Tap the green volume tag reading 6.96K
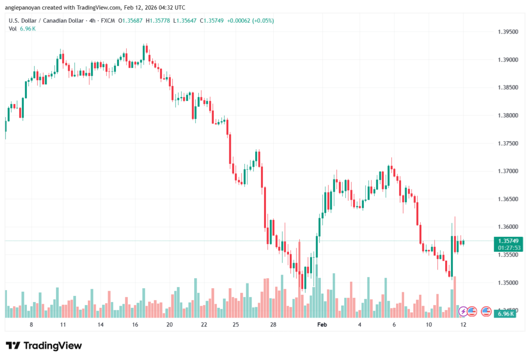coord(505,314)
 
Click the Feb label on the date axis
coord(322,324)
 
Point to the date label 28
coord(273,324)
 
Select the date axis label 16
coord(135,324)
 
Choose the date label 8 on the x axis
coord(32,324)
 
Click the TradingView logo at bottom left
coord(43,346)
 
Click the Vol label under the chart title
coord(13,28)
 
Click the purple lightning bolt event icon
coord(463,311)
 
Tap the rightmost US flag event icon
coord(486,311)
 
